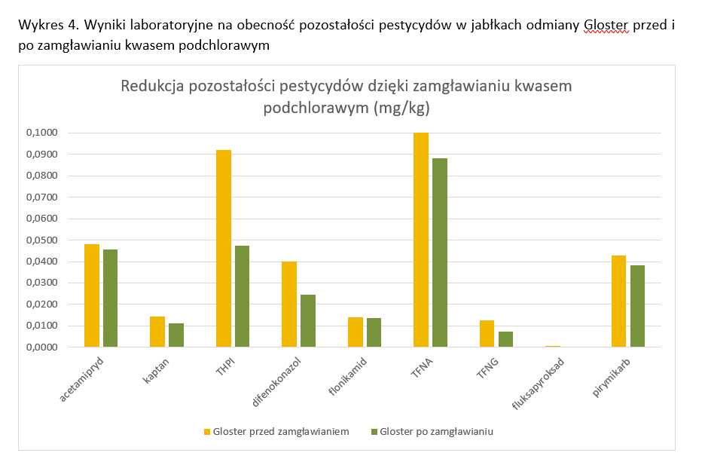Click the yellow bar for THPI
click(x=224, y=249)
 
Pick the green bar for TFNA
click(x=440, y=252)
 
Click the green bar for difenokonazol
click(x=308, y=321)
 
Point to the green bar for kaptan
click(x=176, y=335)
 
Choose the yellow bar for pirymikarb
click(x=619, y=301)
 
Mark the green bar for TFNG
click(x=505, y=339)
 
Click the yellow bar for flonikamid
click(x=356, y=332)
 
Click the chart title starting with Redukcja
click(x=346, y=96)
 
